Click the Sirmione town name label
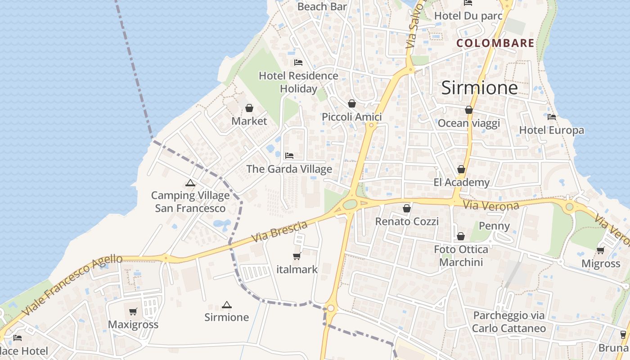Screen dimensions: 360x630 click(x=479, y=87)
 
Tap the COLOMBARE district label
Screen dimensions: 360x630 click(x=495, y=43)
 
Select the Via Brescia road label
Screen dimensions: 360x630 click(x=280, y=231)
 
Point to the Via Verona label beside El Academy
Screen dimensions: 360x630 click(x=491, y=206)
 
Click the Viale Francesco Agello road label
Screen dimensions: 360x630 click(x=72, y=284)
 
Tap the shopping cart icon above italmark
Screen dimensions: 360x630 click(x=297, y=256)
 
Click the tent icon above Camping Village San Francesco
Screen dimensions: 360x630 click(x=190, y=183)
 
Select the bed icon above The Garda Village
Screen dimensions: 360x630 click(x=289, y=156)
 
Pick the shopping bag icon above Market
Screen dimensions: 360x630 click(x=249, y=108)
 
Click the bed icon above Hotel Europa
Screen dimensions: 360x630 click(x=552, y=117)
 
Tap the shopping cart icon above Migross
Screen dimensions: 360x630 click(x=601, y=250)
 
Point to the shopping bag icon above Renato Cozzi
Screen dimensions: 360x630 click(x=407, y=208)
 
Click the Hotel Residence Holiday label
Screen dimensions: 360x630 click(x=298, y=82)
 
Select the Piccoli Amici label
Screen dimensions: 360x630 click(x=352, y=117)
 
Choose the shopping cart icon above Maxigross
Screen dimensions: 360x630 click(x=133, y=311)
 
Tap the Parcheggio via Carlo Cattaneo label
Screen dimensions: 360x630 click(x=509, y=322)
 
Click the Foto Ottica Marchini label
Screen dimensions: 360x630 click(x=461, y=256)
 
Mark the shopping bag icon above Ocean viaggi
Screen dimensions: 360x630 click(x=469, y=110)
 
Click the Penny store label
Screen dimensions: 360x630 click(x=494, y=226)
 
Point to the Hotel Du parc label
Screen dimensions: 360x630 click(x=468, y=16)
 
